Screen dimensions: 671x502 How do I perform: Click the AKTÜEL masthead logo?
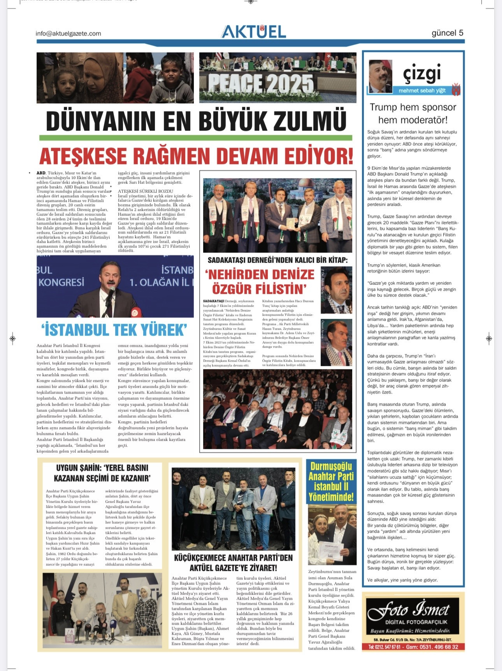(254, 32)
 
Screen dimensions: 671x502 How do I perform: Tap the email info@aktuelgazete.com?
(68, 34)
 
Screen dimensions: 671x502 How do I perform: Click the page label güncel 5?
(447, 33)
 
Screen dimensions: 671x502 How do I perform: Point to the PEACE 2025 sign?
(260, 83)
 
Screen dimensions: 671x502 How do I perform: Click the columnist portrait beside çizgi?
(380, 76)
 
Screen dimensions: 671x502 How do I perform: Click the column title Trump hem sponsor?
(413, 107)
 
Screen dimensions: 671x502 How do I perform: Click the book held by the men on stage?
(290, 223)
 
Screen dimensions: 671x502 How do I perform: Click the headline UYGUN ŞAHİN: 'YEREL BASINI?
(102, 468)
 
